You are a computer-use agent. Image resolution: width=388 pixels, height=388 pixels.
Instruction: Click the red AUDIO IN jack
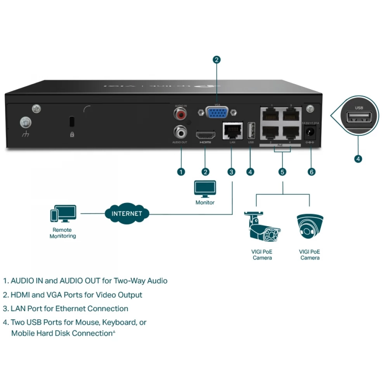181,115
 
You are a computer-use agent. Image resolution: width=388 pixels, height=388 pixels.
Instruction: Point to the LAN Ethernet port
232,131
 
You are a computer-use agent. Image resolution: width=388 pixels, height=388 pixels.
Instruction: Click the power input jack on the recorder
310,132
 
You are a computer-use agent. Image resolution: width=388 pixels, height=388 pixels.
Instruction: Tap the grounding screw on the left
26,123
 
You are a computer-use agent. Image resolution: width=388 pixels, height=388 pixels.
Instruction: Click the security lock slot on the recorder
72,121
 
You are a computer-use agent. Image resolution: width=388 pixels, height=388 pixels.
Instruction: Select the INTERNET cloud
127,213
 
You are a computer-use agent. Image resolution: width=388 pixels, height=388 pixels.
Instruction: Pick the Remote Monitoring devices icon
62,215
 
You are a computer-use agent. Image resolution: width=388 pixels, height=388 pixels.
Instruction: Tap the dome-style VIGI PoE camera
310,227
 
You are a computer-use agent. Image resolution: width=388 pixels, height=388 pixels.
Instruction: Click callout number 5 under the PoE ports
282,171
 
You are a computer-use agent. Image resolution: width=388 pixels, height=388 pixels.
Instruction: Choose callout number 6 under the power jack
311,171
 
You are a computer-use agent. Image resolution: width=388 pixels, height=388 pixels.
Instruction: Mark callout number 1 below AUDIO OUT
181,171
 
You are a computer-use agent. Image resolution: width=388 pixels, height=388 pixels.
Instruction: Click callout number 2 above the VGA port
217,60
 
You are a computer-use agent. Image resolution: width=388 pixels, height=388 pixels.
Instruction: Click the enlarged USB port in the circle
359,118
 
